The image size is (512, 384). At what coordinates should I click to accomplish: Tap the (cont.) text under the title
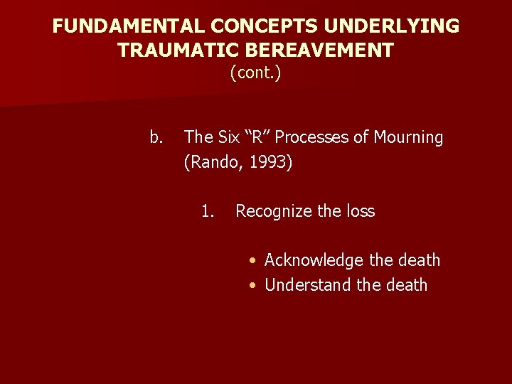[x=256, y=73]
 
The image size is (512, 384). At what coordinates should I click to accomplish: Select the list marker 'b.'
[x=156, y=137]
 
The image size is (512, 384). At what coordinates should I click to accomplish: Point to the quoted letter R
[x=261, y=137]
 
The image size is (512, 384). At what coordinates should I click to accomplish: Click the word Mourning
[x=409, y=137]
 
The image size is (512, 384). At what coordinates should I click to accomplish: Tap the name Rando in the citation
[x=211, y=163]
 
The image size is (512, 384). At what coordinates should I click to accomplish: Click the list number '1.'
[x=208, y=211]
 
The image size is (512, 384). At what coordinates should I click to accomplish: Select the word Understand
[x=307, y=285]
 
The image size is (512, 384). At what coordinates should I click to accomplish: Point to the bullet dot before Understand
[x=253, y=286]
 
